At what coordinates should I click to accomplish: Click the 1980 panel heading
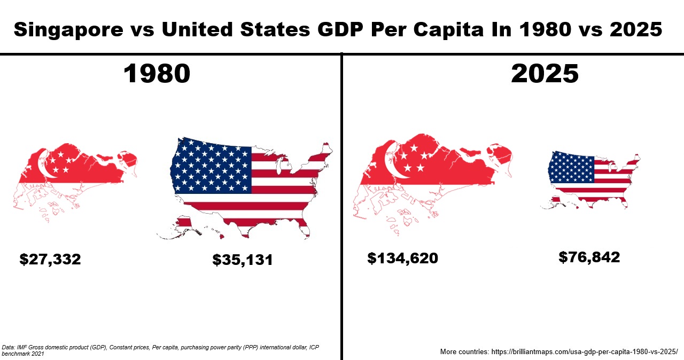tap(157, 74)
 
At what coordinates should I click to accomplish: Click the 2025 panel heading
tap(545, 74)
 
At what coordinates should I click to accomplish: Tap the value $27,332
tap(50, 260)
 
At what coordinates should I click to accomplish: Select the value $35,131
tap(243, 260)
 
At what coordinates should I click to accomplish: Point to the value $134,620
tap(402, 259)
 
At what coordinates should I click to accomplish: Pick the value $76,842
tap(589, 257)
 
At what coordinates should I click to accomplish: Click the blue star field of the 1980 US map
tap(212, 165)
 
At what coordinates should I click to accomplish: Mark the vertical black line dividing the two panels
tap(341, 214)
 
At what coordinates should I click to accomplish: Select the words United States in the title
tap(235, 30)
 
